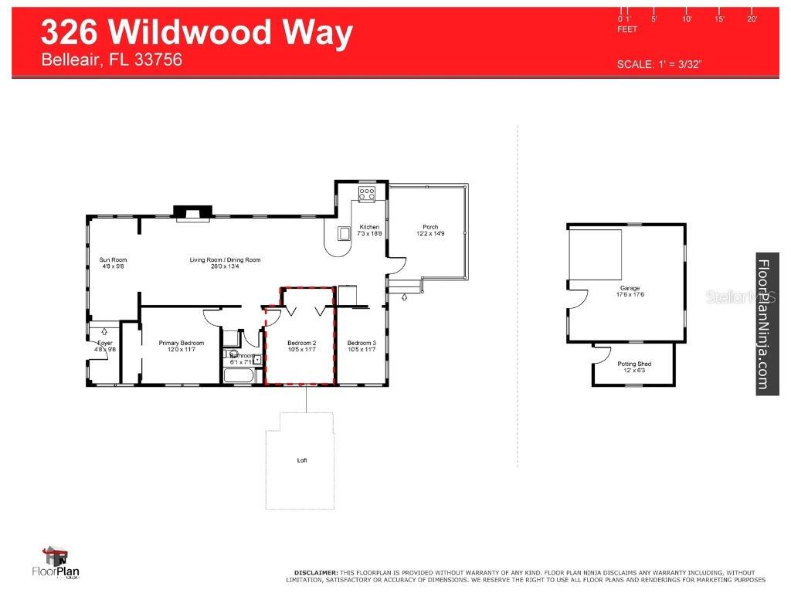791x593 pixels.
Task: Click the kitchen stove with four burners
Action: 367,194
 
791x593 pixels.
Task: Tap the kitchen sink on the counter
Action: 344,232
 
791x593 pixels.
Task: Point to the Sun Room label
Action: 113,260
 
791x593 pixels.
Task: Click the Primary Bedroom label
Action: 181,343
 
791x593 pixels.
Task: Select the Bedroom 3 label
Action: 361,343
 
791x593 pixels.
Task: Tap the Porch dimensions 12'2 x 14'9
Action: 430,234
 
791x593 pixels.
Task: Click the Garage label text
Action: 626,288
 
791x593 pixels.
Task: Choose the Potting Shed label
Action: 633,364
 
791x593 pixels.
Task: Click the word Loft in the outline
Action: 302,460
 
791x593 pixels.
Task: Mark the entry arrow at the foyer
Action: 104,331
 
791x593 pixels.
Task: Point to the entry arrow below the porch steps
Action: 404,297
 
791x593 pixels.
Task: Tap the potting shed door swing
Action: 600,354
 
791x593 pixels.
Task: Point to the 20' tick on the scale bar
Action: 752,19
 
